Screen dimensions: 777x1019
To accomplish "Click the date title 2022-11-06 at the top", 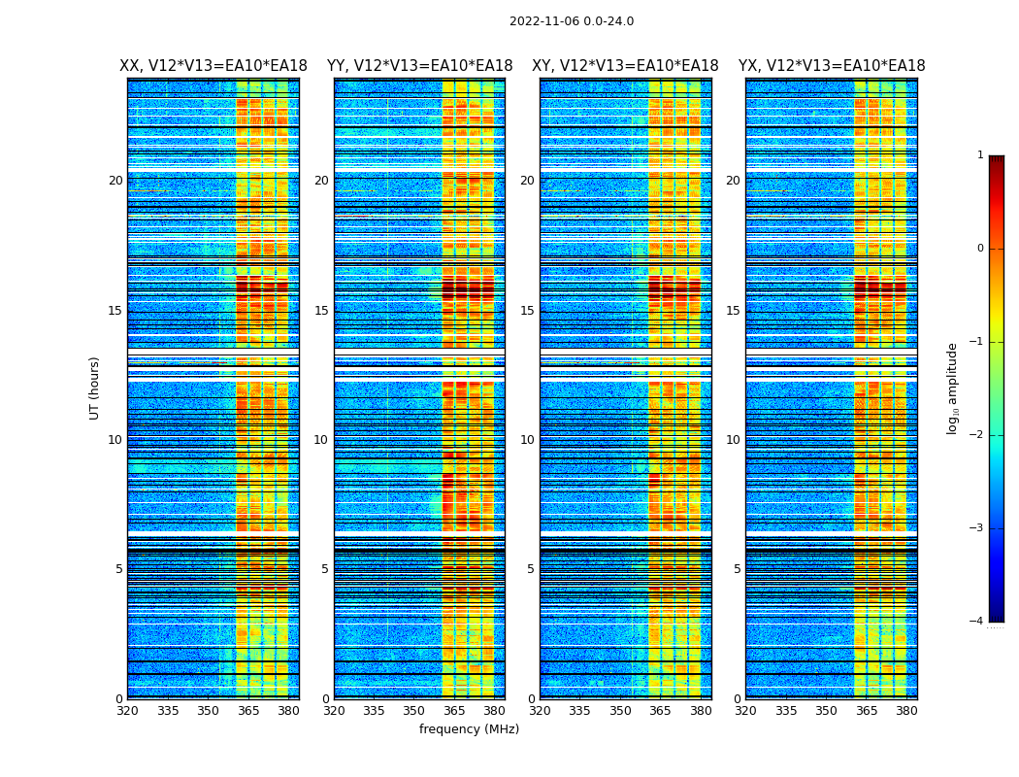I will [x=571, y=21].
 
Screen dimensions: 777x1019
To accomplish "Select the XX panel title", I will [x=214, y=66].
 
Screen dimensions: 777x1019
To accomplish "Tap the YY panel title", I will [x=419, y=66].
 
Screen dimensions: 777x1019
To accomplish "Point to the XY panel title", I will [x=625, y=66].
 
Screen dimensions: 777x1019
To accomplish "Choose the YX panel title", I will [x=832, y=66].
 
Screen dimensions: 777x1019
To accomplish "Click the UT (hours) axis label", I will [x=95, y=388].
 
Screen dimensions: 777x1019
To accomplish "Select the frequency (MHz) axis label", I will [x=469, y=729].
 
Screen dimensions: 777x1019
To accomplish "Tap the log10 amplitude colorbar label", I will [x=953, y=388].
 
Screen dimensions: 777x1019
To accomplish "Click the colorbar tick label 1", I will [x=980, y=155].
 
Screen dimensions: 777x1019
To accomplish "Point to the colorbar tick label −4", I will [x=977, y=622].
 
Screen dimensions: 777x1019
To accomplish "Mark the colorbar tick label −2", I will [x=977, y=435].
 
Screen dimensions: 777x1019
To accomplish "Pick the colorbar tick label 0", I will [x=980, y=249].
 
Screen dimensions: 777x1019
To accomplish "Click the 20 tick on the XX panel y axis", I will [x=115, y=181].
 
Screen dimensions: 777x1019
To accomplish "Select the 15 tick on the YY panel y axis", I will [x=321, y=311].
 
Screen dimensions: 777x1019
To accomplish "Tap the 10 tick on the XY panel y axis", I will [x=527, y=440].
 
